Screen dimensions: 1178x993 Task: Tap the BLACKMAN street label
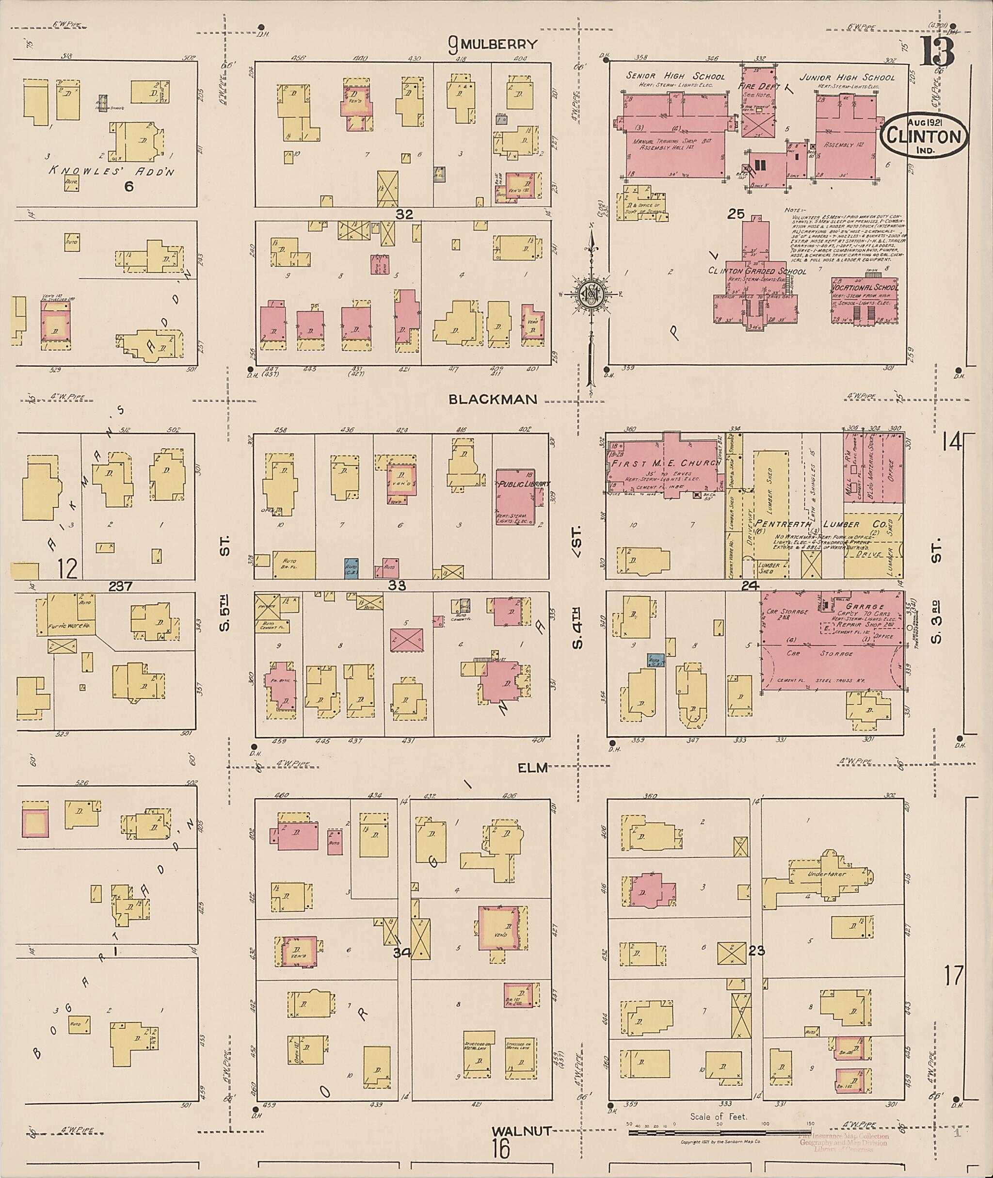tap(493, 399)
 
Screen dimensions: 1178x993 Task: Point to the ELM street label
tap(532, 768)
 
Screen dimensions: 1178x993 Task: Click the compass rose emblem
tap(591, 294)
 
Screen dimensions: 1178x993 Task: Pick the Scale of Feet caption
tap(718, 1116)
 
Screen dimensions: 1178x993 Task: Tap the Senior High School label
tap(675, 77)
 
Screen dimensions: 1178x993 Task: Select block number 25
tap(736, 214)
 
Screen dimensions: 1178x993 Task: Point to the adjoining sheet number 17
tap(954, 975)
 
